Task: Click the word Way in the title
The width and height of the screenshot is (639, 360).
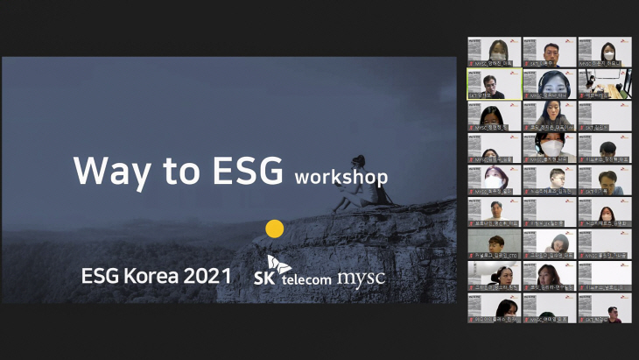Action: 104,171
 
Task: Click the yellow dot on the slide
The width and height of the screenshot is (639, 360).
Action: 275,229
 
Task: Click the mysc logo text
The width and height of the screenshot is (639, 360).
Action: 362,279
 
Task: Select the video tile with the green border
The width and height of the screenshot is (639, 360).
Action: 494,84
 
